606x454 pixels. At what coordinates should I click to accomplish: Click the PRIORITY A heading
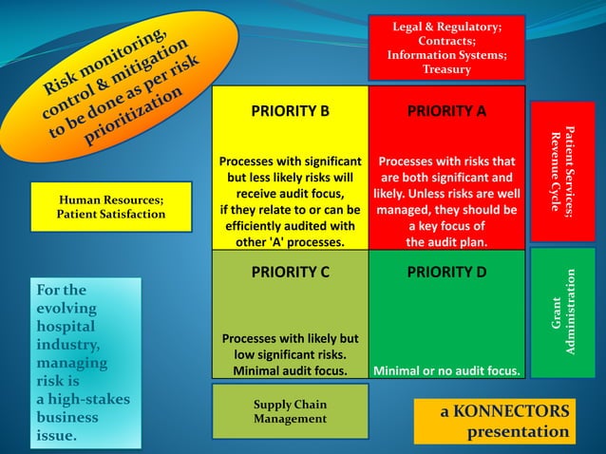446,111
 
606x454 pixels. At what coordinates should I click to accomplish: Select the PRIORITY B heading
290,111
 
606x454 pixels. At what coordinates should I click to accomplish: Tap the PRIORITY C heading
290,272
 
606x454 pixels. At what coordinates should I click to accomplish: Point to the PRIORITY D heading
446,272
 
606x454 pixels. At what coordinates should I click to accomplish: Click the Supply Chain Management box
290,411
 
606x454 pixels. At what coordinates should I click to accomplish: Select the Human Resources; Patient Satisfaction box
111,207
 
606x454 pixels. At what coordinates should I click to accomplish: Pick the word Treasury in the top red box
446,69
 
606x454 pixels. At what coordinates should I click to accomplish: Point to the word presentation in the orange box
518,432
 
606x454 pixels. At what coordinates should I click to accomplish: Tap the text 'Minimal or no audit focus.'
446,370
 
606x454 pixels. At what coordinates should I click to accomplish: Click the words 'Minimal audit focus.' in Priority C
290,370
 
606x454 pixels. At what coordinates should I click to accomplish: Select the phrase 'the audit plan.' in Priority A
446,242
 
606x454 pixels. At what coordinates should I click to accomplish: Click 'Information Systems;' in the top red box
446,55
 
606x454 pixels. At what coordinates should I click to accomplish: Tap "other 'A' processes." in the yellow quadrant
290,242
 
